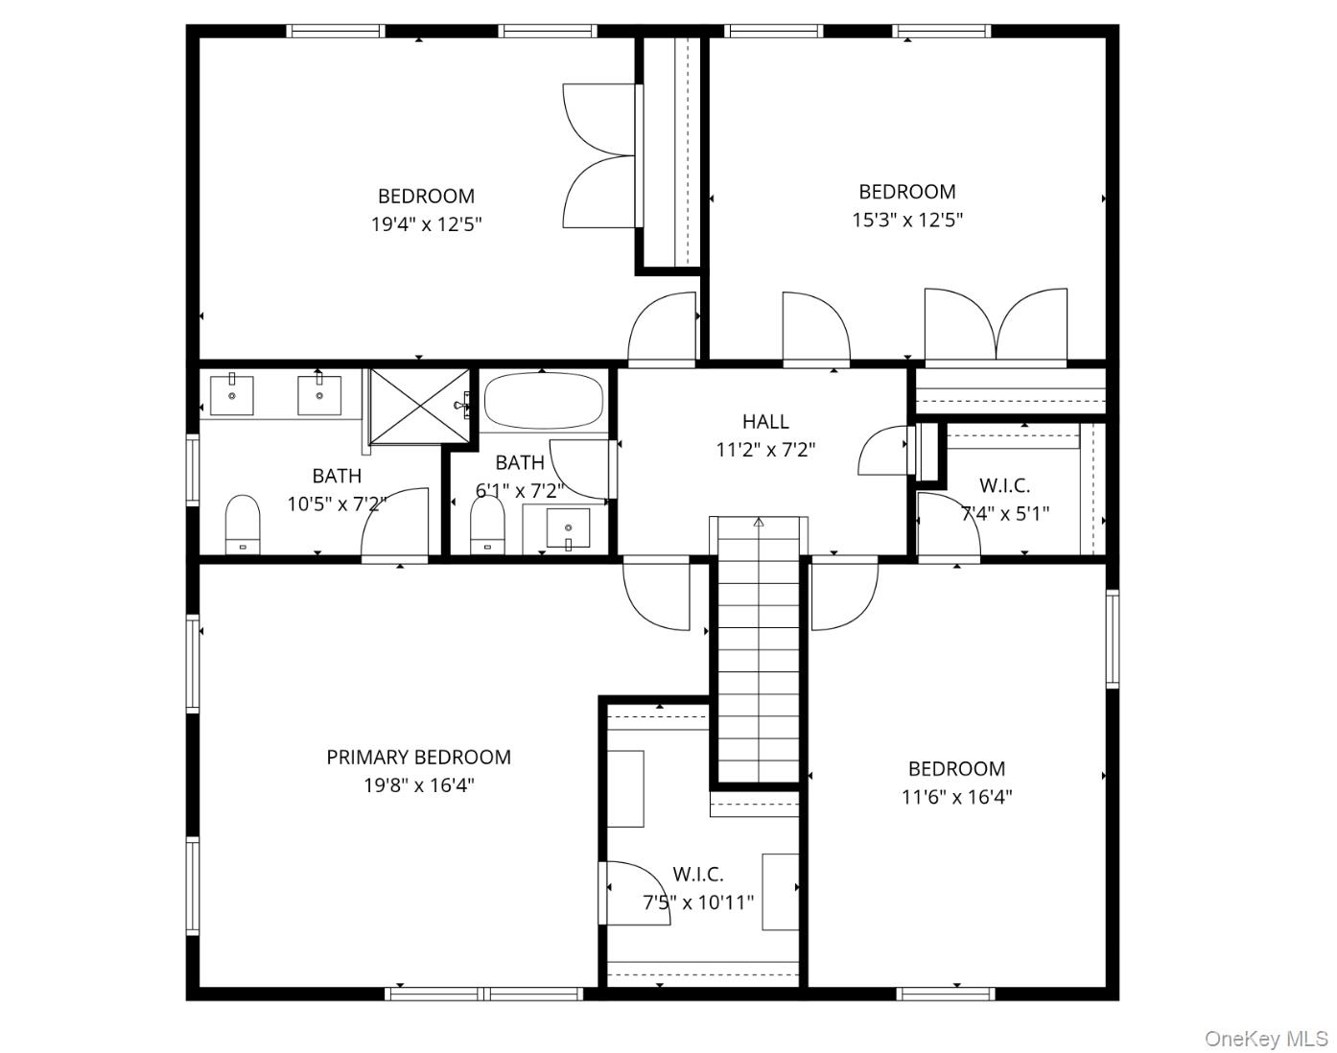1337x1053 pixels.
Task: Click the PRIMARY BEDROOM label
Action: [x=418, y=757]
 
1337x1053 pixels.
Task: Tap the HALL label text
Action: [x=765, y=421]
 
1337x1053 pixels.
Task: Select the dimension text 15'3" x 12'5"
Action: [x=906, y=220]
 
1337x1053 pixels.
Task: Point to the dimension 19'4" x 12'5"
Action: [x=426, y=224]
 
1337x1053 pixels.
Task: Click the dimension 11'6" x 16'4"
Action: [x=956, y=796]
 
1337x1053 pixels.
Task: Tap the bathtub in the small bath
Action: [x=543, y=401]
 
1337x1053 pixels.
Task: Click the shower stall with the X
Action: [x=418, y=406]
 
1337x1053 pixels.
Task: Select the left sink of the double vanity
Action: [x=232, y=395]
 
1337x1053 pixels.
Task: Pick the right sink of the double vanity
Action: [x=318, y=395]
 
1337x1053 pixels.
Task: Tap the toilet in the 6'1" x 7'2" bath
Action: [x=487, y=524]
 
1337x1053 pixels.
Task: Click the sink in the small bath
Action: [x=568, y=528]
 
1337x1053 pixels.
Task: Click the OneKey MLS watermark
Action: [x=1265, y=1039]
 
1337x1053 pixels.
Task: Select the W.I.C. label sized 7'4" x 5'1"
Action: [x=1004, y=485]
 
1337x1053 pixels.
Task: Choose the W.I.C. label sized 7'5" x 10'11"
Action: [x=697, y=874]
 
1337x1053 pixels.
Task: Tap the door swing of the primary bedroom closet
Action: [x=635, y=893]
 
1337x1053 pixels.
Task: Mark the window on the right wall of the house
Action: [x=1112, y=639]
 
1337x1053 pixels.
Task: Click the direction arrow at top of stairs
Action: [x=759, y=523]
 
